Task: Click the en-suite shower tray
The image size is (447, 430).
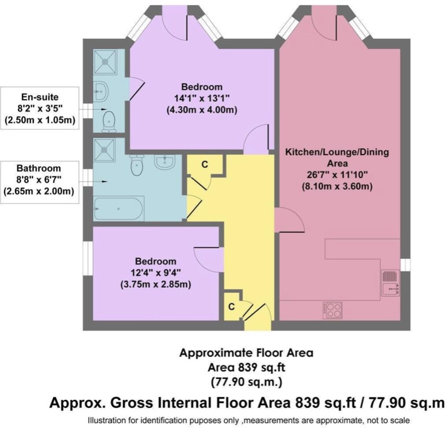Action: (105, 62)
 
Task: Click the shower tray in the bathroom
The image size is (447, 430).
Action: (104, 149)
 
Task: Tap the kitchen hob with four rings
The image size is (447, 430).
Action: (332, 310)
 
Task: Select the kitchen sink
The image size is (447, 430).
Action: (390, 283)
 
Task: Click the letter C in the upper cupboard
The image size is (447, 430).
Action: (205, 164)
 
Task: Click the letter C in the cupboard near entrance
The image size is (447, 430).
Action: (231, 307)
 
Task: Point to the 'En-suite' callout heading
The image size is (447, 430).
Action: (39, 97)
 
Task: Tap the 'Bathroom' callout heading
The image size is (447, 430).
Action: (39, 168)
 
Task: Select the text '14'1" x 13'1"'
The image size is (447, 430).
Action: (201, 98)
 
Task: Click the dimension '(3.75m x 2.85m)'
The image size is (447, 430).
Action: (155, 284)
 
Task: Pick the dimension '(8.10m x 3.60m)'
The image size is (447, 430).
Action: (336, 186)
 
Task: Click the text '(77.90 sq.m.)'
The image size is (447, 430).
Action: (246, 382)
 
